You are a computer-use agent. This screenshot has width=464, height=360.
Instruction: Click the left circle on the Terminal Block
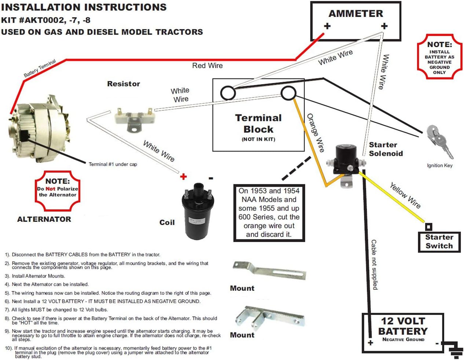[x=228, y=93]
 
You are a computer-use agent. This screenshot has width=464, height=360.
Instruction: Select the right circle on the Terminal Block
[x=288, y=93]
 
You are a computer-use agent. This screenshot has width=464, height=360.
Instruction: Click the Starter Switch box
[x=439, y=242]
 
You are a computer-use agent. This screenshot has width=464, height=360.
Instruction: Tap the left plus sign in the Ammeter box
[x=327, y=26]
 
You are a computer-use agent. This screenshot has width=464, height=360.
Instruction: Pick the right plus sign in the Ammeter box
[x=384, y=26]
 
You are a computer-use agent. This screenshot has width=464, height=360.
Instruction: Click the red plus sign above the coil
[x=184, y=177]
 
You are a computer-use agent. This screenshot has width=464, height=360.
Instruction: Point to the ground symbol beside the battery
[x=454, y=350]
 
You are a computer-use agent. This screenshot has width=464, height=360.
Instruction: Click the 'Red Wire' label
[x=207, y=66]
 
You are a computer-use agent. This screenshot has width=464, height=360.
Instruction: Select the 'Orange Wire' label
[x=316, y=133]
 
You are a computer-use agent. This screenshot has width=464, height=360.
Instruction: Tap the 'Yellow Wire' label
[x=405, y=195]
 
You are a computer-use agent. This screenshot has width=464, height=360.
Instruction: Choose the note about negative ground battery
[x=439, y=57]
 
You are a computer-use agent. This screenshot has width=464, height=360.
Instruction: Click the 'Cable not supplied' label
[x=374, y=264]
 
